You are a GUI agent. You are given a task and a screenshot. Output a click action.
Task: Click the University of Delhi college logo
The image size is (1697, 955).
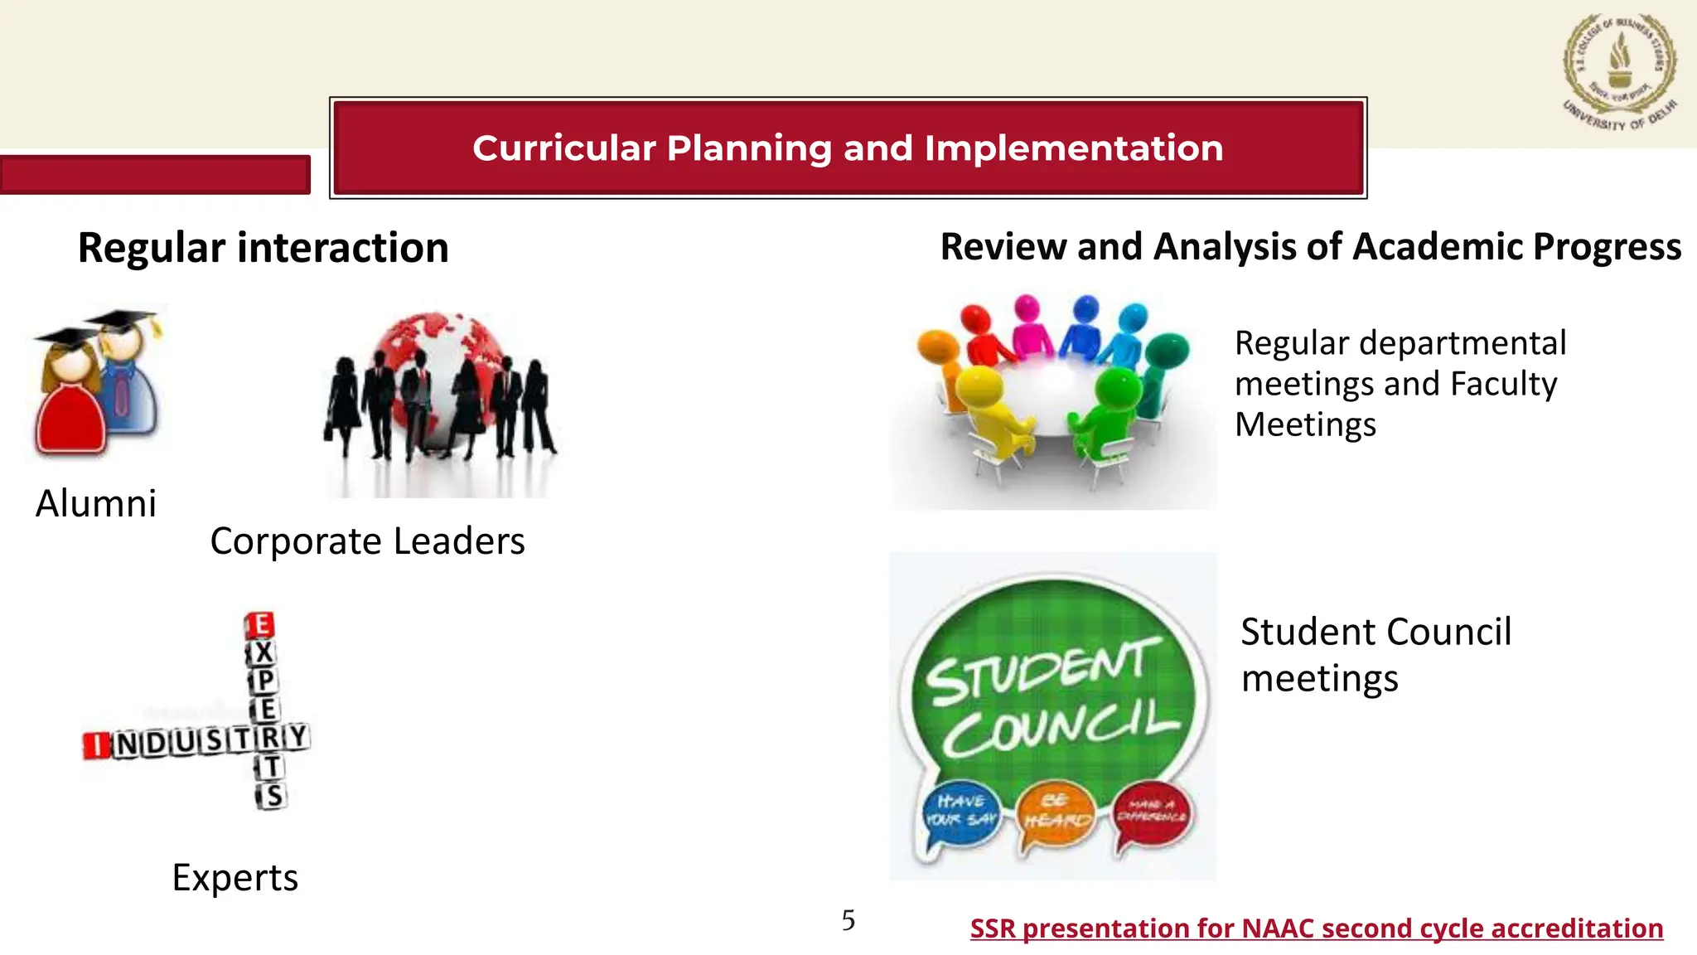(x=1620, y=73)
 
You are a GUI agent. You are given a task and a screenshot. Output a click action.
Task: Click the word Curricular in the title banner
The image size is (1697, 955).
(x=565, y=148)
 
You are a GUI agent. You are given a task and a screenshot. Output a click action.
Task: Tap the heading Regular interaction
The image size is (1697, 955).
(x=263, y=248)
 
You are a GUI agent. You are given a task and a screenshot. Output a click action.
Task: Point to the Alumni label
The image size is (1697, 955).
(x=96, y=503)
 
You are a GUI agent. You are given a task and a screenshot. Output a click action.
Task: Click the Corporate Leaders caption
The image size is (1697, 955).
(x=367, y=541)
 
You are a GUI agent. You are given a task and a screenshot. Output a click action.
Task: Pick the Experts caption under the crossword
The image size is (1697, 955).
(x=234, y=877)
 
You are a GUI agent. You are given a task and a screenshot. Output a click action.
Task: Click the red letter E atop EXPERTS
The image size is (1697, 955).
(x=260, y=625)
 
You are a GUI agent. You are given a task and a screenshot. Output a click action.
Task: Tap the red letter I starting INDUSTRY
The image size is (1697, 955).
(x=96, y=745)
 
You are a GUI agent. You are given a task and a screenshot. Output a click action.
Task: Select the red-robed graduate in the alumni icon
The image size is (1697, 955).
(x=70, y=406)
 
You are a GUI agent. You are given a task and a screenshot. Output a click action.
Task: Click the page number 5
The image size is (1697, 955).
(x=848, y=920)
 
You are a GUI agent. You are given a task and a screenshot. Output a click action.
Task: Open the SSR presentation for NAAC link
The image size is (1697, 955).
(x=1316, y=928)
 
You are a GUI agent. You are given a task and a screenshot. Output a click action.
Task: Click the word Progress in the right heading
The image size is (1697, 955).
(x=1607, y=247)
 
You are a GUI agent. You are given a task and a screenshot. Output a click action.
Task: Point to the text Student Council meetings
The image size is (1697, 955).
(x=1375, y=655)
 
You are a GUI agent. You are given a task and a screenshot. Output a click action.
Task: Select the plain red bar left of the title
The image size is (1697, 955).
(x=155, y=175)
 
